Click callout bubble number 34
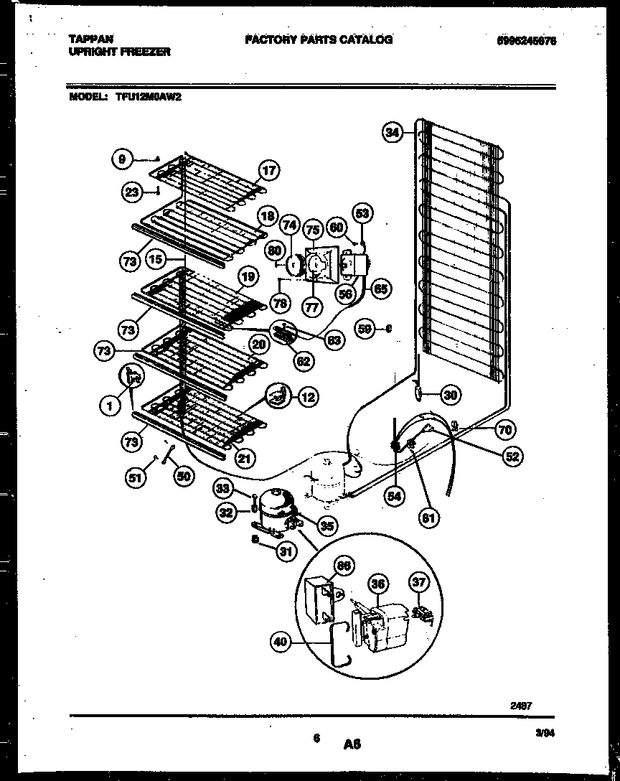tap(392, 133)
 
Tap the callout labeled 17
tap(268, 171)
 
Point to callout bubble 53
tap(362, 212)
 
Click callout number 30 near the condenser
tap(450, 393)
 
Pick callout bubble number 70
tap(504, 430)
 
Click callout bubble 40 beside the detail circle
tap(282, 642)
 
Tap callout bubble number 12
tap(307, 396)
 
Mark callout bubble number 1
tap(110, 408)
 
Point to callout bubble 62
tap(304, 361)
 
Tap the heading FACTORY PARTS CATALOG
tap(319, 39)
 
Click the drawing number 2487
tap(520, 706)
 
